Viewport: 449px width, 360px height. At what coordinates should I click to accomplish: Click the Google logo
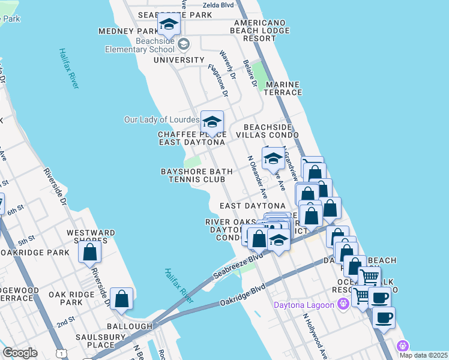20,353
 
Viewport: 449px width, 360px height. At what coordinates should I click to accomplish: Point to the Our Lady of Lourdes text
161,119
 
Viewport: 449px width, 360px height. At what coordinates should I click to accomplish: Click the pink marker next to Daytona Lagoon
343,304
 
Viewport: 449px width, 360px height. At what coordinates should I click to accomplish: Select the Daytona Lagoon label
304,304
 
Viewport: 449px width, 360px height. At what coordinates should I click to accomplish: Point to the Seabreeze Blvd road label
238,266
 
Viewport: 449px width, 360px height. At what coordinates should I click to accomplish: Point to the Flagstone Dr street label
218,81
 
